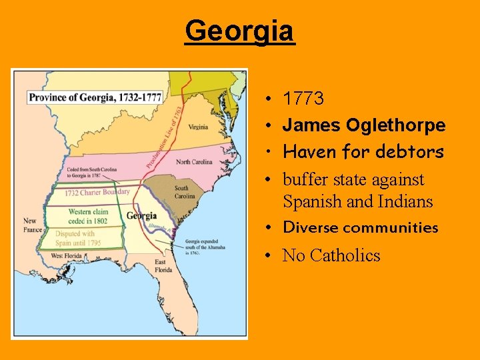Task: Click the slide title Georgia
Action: [x=239, y=31]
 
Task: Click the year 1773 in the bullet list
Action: [x=303, y=99]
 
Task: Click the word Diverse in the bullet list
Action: [x=311, y=227]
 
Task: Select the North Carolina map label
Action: [x=194, y=162]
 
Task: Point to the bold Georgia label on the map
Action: [x=141, y=215]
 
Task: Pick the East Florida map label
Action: [x=164, y=266]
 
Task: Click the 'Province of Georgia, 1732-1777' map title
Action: [x=95, y=97]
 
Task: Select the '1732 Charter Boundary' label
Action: [x=97, y=193]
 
